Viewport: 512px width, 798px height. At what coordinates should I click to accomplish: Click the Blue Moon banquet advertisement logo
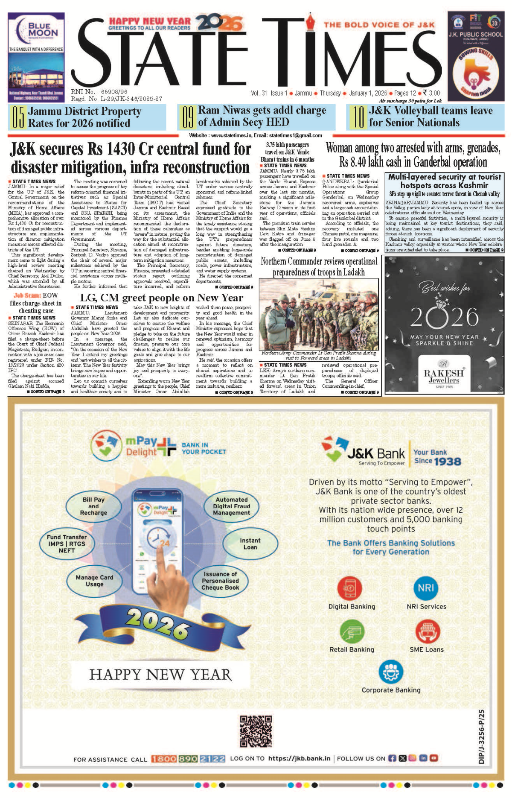(x=36, y=30)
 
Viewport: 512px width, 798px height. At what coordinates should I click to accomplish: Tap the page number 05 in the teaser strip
(x=17, y=117)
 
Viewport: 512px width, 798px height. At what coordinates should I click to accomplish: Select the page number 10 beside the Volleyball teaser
(x=358, y=117)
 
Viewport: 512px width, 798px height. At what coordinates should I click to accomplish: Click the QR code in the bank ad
(x=256, y=732)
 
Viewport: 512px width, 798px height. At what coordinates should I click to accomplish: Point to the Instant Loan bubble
(x=250, y=544)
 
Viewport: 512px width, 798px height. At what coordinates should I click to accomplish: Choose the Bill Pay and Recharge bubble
(x=93, y=506)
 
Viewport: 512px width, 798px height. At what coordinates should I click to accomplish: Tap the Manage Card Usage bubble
(x=94, y=581)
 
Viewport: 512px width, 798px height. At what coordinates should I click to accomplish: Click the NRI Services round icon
(x=425, y=588)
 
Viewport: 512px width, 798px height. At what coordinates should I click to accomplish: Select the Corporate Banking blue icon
(x=390, y=672)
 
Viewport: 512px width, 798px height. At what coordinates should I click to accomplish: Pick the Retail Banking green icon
(x=352, y=631)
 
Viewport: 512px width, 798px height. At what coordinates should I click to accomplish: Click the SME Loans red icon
(x=427, y=631)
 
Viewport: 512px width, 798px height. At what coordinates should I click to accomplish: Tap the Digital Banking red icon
(x=350, y=588)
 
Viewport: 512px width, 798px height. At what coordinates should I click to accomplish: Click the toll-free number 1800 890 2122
(x=188, y=759)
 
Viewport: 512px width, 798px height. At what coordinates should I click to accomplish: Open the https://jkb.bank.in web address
(x=299, y=758)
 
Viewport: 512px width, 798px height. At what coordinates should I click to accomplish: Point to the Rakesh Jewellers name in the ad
(x=444, y=376)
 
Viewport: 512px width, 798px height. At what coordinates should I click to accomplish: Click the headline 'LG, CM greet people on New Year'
(x=161, y=298)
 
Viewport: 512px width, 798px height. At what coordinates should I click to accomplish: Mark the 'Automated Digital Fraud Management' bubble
(x=232, y=506)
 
